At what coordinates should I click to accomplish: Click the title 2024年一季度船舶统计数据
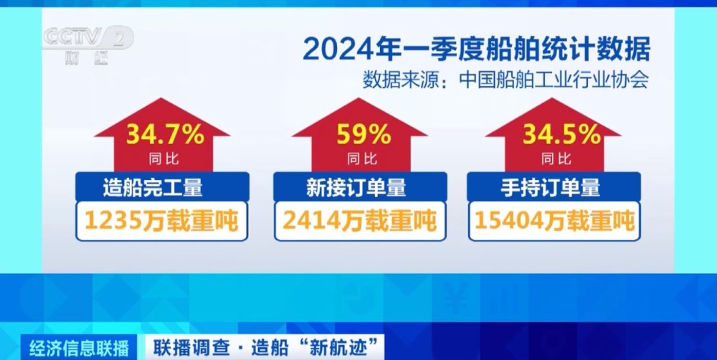click(476, 49)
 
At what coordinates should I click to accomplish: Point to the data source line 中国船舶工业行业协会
click(506, 80)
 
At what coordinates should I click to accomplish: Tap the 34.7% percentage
click(166, 134)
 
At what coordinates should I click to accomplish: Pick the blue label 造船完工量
click(162, 188)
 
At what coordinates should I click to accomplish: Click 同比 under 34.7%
click(163, 158)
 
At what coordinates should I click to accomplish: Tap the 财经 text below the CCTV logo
click(85, 59)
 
